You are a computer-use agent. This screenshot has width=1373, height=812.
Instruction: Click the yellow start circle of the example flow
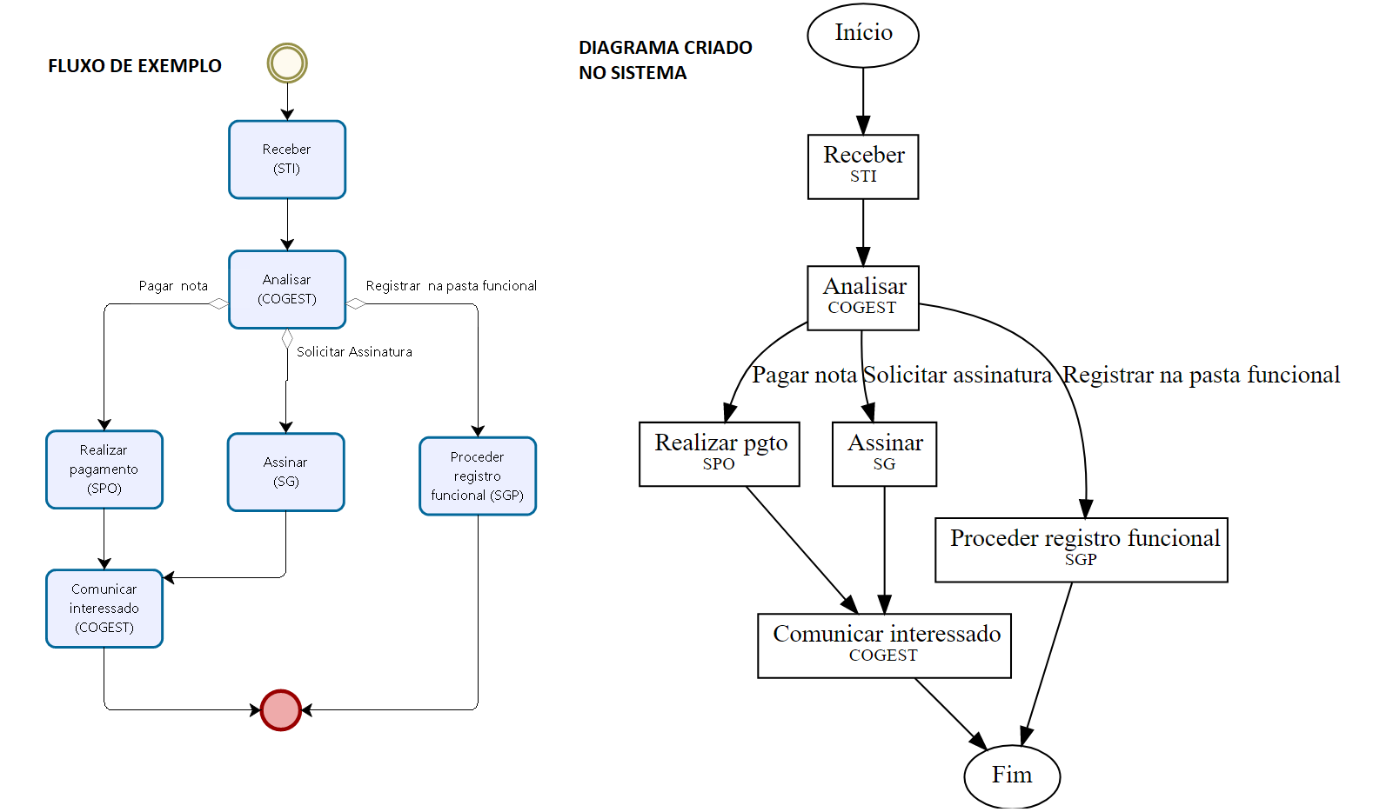click(x=287, y=63)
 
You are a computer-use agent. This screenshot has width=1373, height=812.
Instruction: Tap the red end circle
click(x=280, y=710)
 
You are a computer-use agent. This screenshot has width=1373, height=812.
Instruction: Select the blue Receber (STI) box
click(x=287, y=160)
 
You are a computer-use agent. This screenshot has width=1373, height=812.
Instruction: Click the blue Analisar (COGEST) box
click(x=287, y=290)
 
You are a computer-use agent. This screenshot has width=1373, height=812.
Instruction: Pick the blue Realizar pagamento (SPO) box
click(x=104, y=469)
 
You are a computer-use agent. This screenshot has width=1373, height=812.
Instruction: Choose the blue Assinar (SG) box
click(x=286, y=472)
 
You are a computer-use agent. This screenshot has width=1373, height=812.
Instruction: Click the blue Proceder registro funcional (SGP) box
click(x=478, y=476)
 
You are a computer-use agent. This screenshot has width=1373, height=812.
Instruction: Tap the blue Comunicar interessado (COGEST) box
click(x=104, y=609)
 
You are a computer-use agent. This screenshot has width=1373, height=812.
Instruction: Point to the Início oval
click(x=863, y=35)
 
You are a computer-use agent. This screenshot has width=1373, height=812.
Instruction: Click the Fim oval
click(x=1012, y=775)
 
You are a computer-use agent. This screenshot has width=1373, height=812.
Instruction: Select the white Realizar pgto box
click(x=720, y=454)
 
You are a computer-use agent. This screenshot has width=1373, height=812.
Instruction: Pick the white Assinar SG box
click(x=885, y=454)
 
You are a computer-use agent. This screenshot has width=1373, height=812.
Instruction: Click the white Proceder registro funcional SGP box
click(x=1082, y=549)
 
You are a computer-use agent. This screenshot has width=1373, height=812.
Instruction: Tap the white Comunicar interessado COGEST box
click(x=885, y=645)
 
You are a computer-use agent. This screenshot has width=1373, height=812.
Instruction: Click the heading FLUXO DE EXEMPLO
click(x=135, y=66)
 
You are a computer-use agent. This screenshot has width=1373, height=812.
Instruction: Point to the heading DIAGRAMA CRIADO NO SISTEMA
click(x=666, y=60)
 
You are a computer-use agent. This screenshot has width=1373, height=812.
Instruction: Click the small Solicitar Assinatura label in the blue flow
click(x=354, y=352)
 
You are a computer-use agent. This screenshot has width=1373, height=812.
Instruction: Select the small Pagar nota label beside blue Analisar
click(x=173, y=286)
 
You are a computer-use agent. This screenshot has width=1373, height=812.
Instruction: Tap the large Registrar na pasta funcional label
click(x=1202, y=375)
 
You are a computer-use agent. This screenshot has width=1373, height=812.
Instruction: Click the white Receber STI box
click(x=863, y=166)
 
